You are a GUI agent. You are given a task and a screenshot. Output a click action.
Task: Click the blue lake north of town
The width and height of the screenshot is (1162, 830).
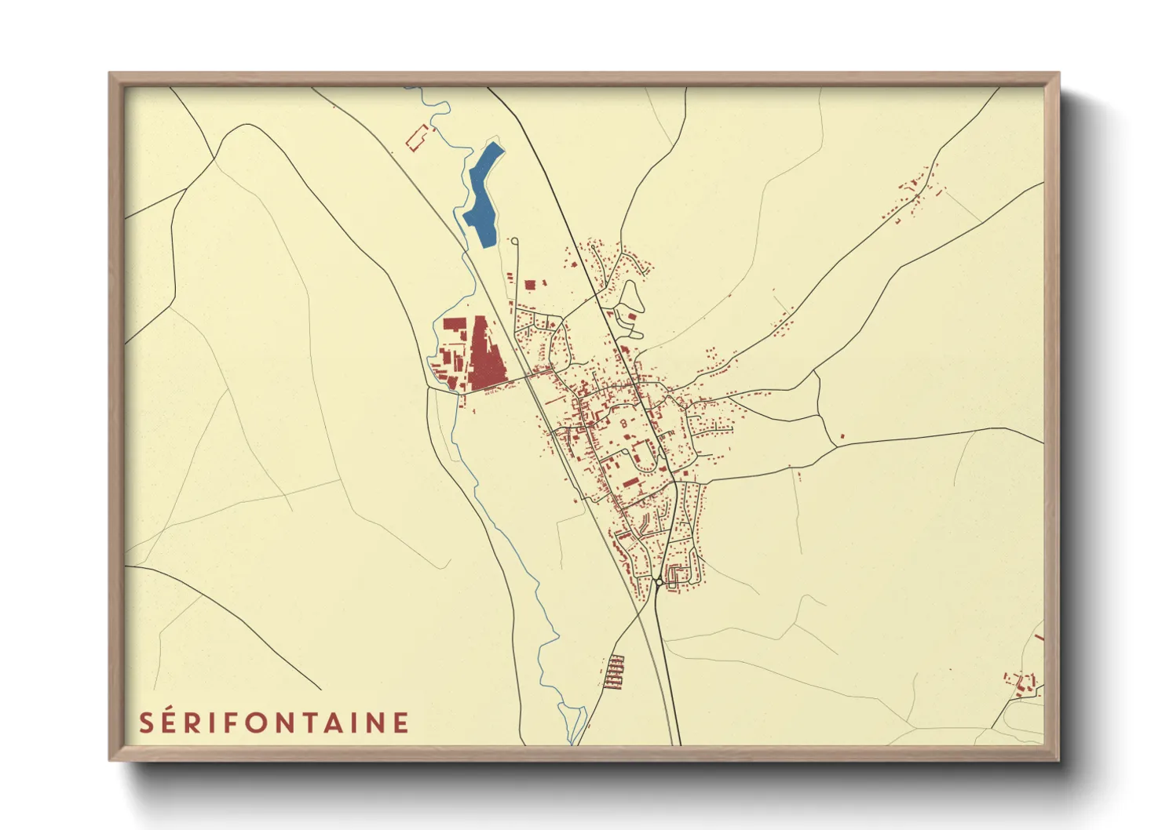point(480,197)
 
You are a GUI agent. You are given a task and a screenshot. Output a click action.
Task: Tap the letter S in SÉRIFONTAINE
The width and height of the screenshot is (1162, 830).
point(147,723)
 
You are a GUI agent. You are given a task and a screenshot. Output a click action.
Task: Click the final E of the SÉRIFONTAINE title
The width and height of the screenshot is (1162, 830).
point(400,723)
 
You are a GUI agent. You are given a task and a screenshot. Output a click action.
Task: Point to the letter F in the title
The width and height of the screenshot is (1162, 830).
point(228,723)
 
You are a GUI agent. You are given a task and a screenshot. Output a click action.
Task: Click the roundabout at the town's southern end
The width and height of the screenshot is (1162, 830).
point(657,582)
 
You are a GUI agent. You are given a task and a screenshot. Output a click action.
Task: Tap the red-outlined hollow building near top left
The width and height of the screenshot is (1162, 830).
point(418,137)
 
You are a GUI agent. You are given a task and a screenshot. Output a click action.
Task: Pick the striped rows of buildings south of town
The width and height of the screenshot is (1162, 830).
point(615,672)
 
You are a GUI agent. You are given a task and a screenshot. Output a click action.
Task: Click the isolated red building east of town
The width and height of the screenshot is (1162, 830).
point(842,435)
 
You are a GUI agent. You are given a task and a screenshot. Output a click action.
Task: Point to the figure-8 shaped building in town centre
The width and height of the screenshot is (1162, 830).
point(625,424)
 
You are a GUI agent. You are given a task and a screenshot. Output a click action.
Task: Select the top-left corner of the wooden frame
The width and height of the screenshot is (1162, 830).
point(111,75)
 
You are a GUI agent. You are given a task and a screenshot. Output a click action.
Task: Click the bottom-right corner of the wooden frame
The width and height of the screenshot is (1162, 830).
point(1057,759)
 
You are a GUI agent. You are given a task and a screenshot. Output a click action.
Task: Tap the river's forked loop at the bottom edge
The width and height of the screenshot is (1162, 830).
point(577,722)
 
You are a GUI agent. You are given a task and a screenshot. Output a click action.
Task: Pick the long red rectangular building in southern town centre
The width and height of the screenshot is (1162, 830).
point(630,482)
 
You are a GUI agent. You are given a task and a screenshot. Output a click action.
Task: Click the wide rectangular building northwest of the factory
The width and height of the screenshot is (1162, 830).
point(454,325)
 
